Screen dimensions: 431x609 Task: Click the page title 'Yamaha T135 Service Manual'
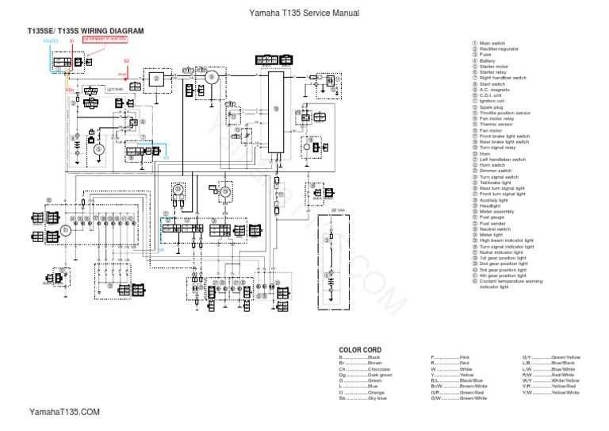tap(304, 13)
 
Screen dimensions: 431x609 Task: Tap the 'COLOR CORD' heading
tap(360, 350)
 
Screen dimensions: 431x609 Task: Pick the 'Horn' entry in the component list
tap(485, 154)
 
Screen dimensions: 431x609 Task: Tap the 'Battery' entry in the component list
tap(488, 61)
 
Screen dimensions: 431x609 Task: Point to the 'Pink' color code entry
tap(450, 358)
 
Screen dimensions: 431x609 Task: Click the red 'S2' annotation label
tap(125, 60)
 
